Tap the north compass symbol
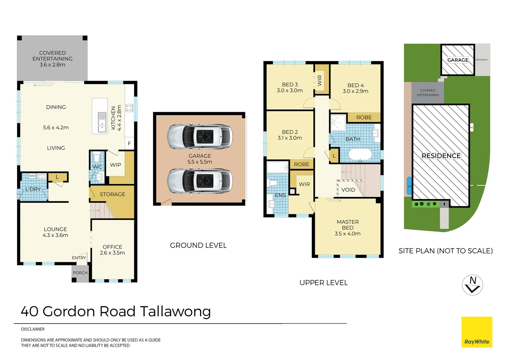(472, 285)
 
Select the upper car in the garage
(200, 136)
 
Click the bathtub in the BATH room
(360, 155)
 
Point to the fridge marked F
(129, 143)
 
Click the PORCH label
(80, 273)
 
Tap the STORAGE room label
(113, 194)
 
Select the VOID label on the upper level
(348, 190)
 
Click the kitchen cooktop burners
(129, 108)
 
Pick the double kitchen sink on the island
(102, 122)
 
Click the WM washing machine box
(32, 176)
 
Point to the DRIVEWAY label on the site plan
(482, 60)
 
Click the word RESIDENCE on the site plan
(441, 156)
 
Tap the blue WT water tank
(409, 186)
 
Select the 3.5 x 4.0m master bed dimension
(347, 234)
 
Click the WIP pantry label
(116, 165)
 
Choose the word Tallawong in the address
(176, 312)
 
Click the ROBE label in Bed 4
(364, 117)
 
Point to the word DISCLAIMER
(33, 329)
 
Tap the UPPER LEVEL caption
(323, 283)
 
